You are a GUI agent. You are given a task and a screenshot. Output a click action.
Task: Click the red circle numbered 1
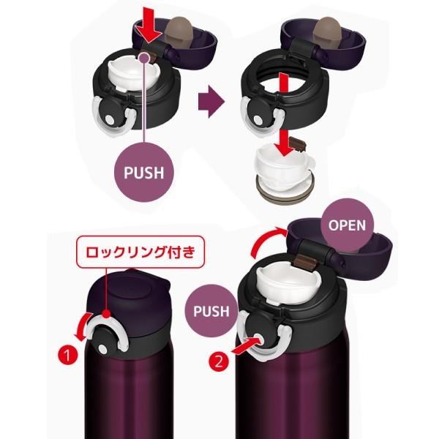[67, 356]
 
